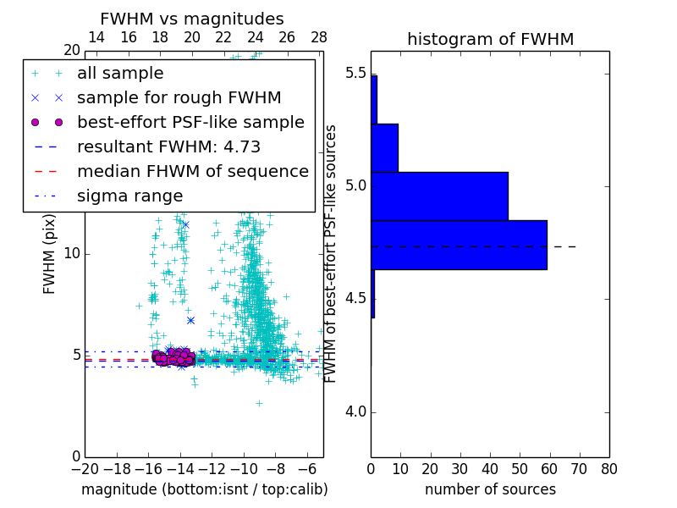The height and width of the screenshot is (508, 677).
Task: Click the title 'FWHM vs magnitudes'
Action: coord(192,19)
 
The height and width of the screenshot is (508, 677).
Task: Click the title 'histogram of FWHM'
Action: coord(490,39)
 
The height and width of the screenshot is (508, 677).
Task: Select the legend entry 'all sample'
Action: coord(120,74)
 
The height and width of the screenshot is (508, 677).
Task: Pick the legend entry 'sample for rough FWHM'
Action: coord(179,97)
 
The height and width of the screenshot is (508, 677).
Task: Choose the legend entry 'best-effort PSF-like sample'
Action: coord(190,122)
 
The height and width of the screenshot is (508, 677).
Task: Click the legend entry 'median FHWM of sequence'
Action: coord(192,171)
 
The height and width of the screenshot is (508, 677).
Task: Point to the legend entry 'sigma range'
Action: coord(129,196)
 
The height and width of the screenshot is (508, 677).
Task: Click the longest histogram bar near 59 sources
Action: coord(459,245)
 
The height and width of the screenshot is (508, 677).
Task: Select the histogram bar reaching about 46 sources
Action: coord(439,196)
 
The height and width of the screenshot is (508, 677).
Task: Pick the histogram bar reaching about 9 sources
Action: coord(384,147)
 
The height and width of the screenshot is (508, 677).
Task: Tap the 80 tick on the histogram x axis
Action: coord(608,467)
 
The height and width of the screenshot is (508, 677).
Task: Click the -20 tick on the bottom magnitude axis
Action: coord(85,468)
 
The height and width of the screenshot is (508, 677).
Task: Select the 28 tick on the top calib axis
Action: coord(319,37)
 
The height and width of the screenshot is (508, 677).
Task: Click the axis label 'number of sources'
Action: coord(490,489)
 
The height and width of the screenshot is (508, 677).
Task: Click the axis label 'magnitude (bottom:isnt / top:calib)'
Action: coord(204,489)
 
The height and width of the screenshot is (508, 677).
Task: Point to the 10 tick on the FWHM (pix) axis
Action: coord(72,254)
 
